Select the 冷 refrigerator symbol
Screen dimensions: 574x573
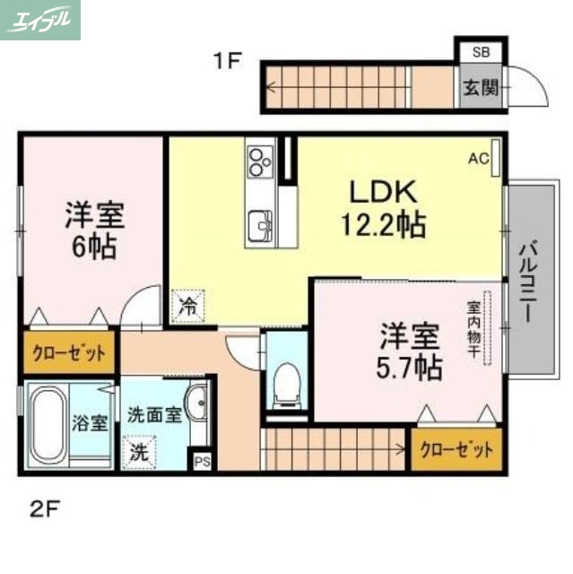click(187, 306)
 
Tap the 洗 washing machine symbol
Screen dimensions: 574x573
click(138, 451)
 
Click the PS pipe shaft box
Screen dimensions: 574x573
click(202, 463)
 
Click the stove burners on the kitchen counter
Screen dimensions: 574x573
click(261, 162)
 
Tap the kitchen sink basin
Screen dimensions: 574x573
click(261, 222)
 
